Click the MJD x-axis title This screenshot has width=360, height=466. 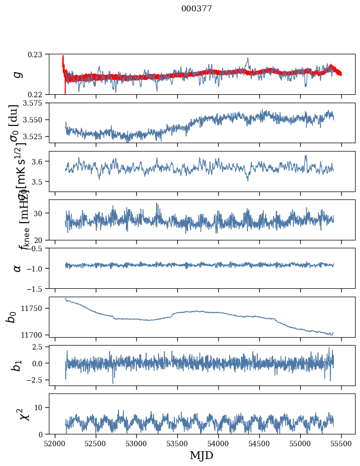201,456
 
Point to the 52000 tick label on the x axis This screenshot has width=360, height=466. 55,443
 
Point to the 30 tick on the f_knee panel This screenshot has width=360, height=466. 41,213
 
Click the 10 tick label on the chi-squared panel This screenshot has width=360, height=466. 41,407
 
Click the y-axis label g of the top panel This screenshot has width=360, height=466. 18,74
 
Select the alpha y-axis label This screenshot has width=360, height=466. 18,268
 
